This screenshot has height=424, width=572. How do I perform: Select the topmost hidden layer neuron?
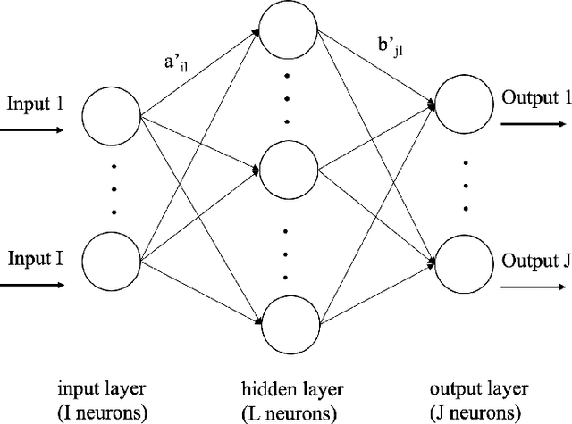286,32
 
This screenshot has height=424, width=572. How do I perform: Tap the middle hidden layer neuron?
286,167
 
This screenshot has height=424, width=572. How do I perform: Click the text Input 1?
35,104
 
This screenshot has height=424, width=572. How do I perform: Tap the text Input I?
35,259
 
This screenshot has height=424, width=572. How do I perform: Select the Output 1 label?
534,97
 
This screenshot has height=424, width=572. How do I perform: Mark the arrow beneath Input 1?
32,130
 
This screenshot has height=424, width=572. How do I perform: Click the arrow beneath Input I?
32,286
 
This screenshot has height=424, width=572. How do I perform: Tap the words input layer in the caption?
110,389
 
